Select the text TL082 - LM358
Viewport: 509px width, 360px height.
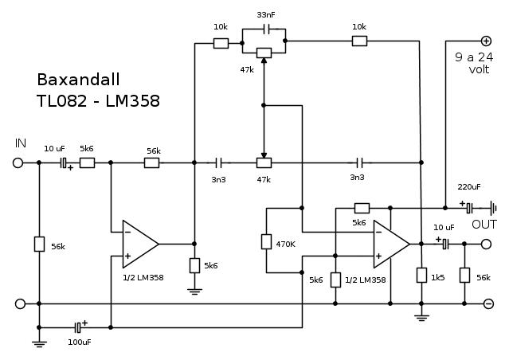(98, 101)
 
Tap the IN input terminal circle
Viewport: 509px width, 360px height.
(18, 162)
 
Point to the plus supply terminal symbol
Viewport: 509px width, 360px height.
(486, 40)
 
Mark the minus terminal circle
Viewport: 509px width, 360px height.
(488, 303)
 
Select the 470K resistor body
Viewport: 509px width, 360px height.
(267, 242)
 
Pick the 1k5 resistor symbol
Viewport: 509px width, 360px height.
(421, 276)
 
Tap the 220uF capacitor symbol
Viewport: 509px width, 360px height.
(470, 206)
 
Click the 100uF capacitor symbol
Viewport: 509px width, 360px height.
(77, 327)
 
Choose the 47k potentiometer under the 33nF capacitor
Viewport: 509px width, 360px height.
(263, 53)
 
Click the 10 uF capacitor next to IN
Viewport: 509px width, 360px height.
(64, 162)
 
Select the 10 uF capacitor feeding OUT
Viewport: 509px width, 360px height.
(445, 245)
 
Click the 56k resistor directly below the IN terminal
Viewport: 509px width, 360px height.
(39, 244)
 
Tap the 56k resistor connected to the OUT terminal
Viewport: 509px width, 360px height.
(464, 276)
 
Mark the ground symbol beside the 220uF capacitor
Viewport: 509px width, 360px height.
(494, 206)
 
